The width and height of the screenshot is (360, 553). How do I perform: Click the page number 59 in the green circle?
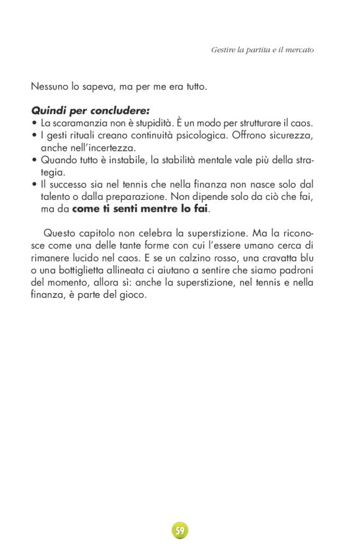click(179, 531)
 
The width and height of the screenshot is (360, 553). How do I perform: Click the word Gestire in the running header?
click(224, 49)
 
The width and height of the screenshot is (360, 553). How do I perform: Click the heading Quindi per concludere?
click(90, 112)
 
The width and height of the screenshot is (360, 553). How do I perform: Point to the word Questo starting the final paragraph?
click(62, 233)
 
